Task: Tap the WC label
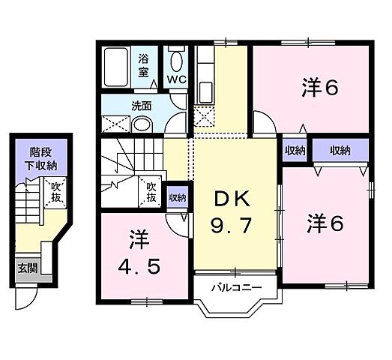point(177,78)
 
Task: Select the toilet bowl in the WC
point(177,60)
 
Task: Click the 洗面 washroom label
point(121,106)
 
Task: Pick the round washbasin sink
point(145,124)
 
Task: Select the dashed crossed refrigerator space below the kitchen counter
point(204,116)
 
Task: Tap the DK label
point(234,198)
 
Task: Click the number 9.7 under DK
point(234,225)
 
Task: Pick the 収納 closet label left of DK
point(177,198)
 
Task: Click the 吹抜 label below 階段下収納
point(55,194)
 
